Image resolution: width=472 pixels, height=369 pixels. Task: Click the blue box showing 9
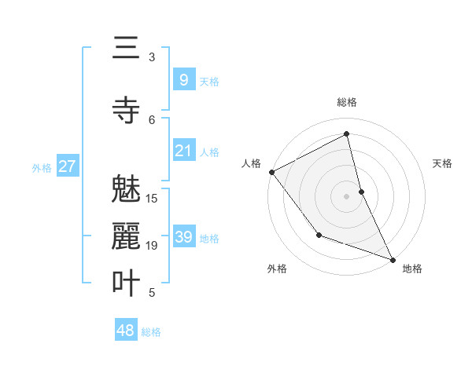click(183, 79)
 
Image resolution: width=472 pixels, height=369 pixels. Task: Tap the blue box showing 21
click(183, 151)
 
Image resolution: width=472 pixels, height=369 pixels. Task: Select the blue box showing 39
click(183, 237)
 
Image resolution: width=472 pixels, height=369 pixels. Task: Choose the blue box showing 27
click(68, 166)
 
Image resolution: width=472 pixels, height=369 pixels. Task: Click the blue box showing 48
click(126, 331)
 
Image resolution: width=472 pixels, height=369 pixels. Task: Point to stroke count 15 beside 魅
click(152, 198)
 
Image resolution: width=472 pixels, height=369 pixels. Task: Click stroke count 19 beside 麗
click(152, 246)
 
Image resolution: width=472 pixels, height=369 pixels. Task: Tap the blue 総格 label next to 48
click(151, 332)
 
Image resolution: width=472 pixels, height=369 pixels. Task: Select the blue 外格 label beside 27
click(42, 167)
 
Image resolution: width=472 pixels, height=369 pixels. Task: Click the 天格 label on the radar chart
click(443, 163)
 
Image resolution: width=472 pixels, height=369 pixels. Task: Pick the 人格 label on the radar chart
click(251, 163)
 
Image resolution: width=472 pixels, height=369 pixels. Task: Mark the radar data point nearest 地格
click(393, 260)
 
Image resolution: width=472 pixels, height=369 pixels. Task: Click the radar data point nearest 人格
click(271, 172)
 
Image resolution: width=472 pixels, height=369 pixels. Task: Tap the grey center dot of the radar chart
click(346, 195)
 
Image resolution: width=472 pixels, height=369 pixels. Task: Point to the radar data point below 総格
click(346, 133)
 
